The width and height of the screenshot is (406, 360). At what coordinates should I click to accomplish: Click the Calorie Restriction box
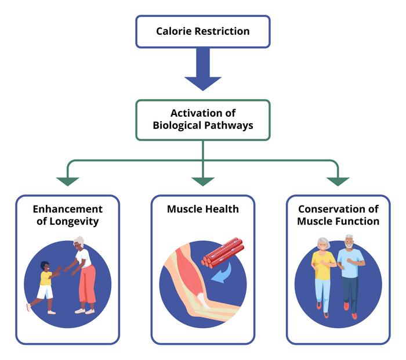[202, 31]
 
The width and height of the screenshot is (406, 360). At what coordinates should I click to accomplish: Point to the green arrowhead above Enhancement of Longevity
[67, 181]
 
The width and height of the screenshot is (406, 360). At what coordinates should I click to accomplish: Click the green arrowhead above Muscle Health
[202, 181]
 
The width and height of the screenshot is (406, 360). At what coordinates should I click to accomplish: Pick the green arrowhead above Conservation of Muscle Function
[338, 181]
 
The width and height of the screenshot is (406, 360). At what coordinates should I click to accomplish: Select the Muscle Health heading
[202, 209]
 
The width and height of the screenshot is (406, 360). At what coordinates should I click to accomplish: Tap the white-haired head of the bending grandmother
[78, 242]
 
